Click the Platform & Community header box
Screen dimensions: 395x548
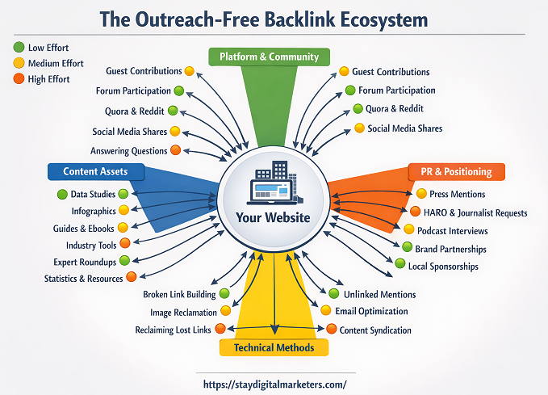point(269,57)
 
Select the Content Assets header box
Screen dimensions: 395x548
point(95,171)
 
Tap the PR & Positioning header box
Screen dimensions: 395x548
point(456,171)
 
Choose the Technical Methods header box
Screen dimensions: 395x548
point(274,347)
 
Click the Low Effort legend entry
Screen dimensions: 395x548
point(48,48)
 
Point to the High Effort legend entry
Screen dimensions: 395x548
point(48,79)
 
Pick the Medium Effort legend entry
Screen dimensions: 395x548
point(54,63)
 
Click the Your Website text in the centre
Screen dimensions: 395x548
point(273,217)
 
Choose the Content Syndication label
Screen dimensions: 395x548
point(375,330)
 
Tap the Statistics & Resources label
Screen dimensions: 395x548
point(84,279)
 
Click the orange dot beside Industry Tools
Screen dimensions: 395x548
point(124,244)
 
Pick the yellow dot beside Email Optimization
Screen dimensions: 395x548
point(326,311)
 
